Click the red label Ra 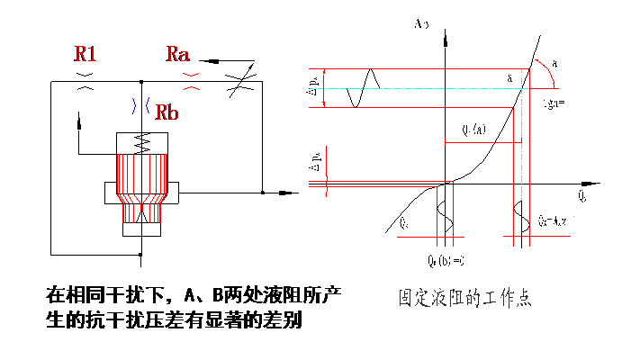point(178,55)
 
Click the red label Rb point(167,112)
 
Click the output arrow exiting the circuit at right point(287,192)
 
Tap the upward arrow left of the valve point(79,118)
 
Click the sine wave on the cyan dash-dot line point(365,88)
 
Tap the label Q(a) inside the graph point(473,129)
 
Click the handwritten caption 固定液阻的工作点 point(464,298)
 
